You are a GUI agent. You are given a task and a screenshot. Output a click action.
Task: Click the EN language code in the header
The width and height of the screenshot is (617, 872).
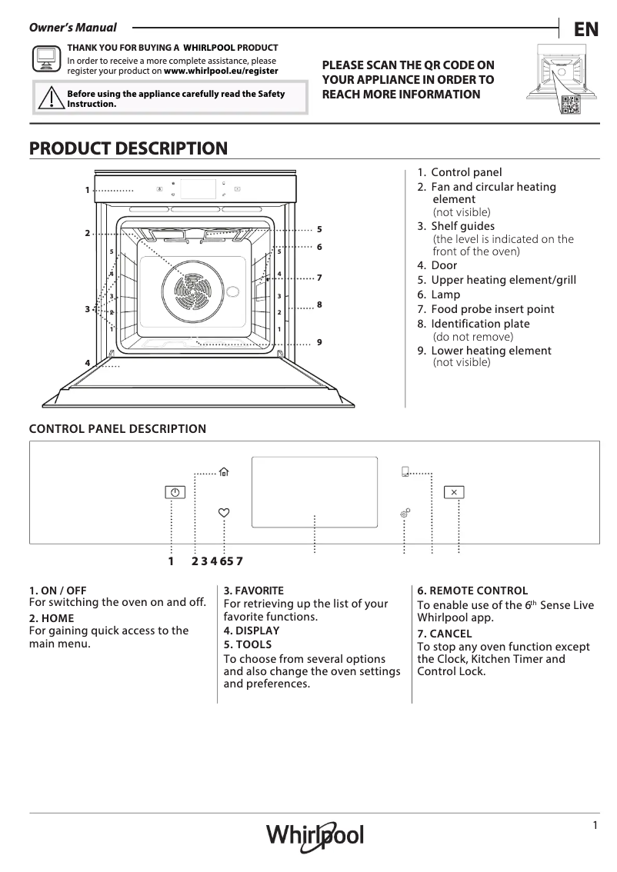(x=586, y=29)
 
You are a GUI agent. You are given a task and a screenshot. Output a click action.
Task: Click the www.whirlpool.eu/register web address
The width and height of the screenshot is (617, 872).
(x=222, y=70)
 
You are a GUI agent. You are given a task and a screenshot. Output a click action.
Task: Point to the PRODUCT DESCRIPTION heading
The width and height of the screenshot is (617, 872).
(x=128, y=148)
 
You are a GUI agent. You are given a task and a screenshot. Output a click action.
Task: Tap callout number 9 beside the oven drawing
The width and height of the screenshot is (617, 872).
(x=319, y=341)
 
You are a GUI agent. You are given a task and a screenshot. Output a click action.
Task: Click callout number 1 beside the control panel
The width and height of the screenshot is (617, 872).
(x=88, y=190)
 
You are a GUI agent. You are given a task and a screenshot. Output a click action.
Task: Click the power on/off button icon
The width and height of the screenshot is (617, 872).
(x=175, y=492)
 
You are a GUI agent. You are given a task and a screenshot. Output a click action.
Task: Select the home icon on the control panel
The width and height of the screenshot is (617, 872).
(x=224, y=473)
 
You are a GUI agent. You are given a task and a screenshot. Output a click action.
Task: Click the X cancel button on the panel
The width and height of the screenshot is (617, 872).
(x=454, y=492)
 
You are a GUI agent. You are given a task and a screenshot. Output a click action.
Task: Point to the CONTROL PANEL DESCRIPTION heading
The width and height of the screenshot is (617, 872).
(x=117, y=429)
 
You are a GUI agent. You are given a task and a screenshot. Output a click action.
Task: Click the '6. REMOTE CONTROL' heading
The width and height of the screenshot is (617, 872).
(x=472, y=591)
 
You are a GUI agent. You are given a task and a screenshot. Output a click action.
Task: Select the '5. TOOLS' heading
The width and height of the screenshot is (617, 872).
(x=247, y=644)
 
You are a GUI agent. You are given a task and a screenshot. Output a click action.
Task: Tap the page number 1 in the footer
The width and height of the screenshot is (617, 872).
(x=595, y=825)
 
